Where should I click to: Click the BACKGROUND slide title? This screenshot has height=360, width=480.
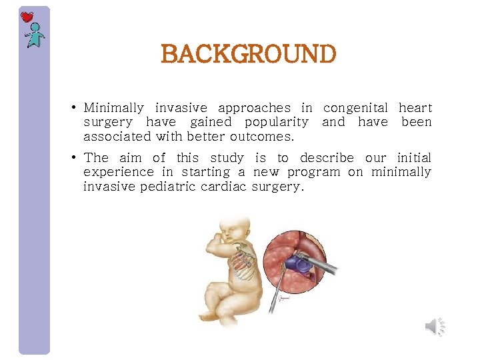click(248, 54)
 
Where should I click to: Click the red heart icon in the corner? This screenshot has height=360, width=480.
click(27, 17)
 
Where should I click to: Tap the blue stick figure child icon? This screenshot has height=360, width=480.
click(34, 36)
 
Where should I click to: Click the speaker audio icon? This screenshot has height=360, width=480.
click(433, 326)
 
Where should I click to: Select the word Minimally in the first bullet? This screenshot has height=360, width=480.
click(113, 108)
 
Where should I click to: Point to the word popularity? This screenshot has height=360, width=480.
click(276, 122)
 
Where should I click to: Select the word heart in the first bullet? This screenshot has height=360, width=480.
click(415, 108)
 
